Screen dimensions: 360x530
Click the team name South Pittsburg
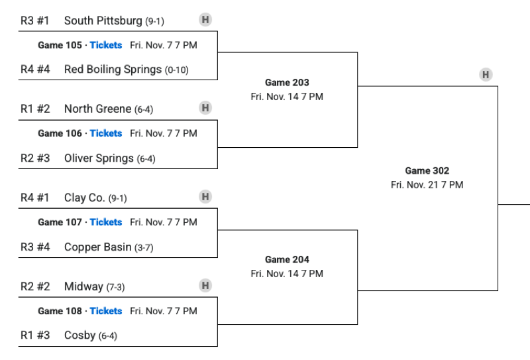click(x=103, y=21)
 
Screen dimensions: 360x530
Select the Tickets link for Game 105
click(x=106, y=45)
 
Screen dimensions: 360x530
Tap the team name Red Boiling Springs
click(x=113, y=70)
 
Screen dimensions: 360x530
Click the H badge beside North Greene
click(x=205, y=108)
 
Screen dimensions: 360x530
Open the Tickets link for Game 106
click(x=106, y=133)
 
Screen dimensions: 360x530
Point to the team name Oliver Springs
click(x=99, y=158)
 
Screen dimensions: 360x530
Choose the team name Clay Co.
click(x=84, y=198)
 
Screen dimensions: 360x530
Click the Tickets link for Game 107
click(x=106, y=222)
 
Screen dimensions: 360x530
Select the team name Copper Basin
click(x=97, y=247)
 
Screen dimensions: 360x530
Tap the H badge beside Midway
click(x=205, y=286)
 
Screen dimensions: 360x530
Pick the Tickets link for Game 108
click(x=106, y=311)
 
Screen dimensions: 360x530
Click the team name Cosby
click(x=79, y=335)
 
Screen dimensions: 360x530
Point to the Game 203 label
click(x=287, y=83)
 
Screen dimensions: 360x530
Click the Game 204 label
click(x=287, y=260)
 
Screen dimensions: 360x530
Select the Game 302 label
click(x=427, y=171)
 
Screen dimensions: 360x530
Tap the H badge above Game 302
click(x=486, y=75)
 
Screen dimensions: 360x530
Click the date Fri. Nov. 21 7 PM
click(x=427, y=185)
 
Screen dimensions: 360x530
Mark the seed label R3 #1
click(x=35, y=21)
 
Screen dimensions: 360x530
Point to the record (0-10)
click(x=177, y=70)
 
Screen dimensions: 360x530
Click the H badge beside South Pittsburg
click(x=205, y=20)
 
